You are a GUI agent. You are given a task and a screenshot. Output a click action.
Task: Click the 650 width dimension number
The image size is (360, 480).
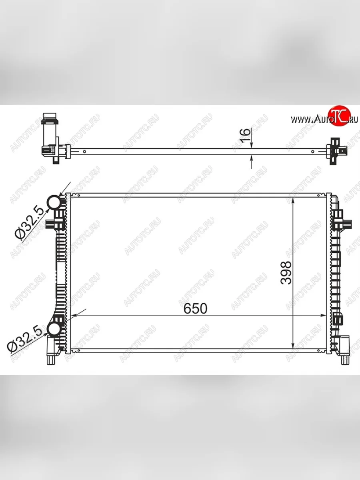[x=196, y=308]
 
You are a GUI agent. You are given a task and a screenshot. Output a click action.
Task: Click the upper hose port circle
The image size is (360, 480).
[x=54, y=203]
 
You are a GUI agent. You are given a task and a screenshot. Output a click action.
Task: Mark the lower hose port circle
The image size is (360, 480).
[x=54, y=329]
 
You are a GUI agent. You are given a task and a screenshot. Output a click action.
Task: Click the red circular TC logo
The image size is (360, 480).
[x=339, y=117]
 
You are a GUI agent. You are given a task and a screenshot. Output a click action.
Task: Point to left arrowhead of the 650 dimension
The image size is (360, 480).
[x=74, y=316]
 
